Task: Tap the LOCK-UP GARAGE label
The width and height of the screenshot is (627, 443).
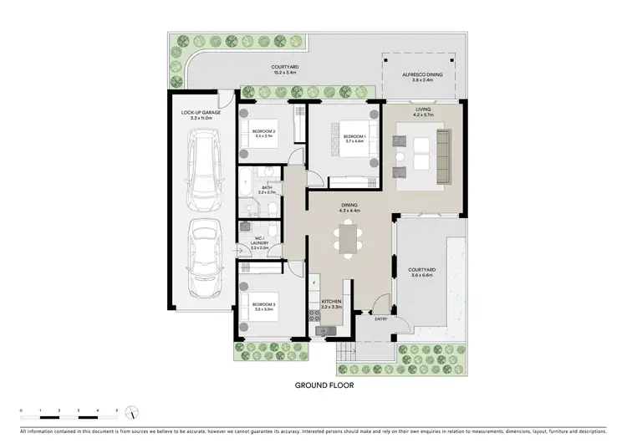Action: pos(200,112)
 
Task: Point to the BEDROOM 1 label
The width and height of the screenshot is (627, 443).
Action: pos(354,136)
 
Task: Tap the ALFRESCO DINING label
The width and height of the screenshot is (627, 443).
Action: pos(422,74)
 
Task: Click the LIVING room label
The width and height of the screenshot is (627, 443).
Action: pos(423,109)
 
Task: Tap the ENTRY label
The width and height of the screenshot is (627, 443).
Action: pos(381,318)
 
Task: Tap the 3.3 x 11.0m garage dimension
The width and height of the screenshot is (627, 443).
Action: pos(200,118)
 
